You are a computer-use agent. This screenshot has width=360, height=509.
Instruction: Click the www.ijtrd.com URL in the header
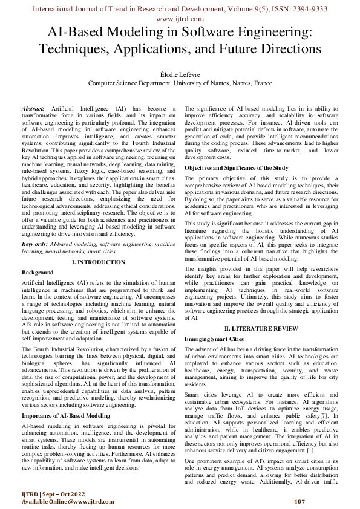180,19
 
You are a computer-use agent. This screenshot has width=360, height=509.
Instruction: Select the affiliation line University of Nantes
180,83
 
